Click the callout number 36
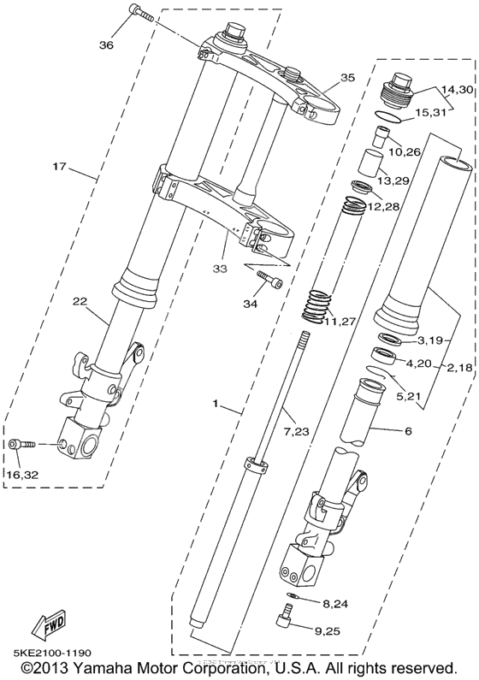[106, 45]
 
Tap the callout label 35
[346, 78]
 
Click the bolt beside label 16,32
[22, 444]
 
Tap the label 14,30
[456, 90]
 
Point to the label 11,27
[339, 322]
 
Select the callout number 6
[408, 431]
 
